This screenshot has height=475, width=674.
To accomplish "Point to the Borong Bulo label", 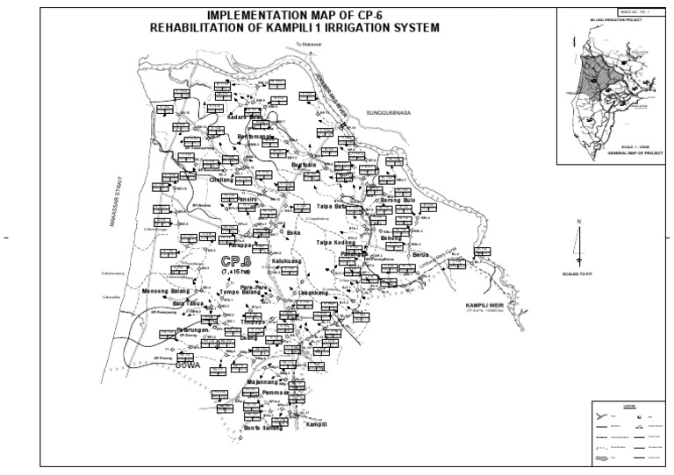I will pyautogui.click(x=398, y=200).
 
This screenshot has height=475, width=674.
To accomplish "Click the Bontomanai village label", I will pyautogui.click(x=256, y=138).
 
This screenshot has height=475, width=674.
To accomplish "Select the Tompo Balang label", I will pyautogui.click(x=240, y=291).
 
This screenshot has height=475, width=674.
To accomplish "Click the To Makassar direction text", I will pyautogui.click(x=307, y=41).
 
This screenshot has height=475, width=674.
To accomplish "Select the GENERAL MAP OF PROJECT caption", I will pyautogui.click(x=614, y=152).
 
